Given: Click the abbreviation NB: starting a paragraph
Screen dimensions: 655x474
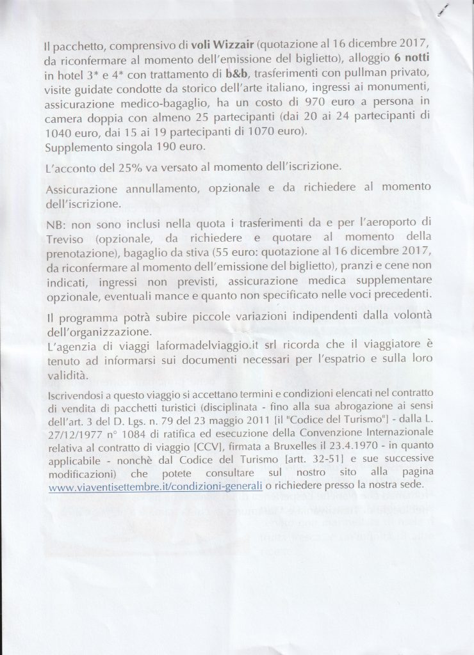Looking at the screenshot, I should click(56, 226).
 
